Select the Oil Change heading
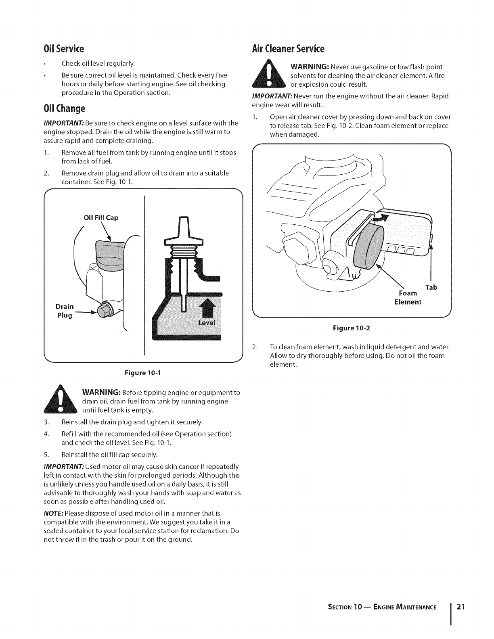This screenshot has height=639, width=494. pos(64,109)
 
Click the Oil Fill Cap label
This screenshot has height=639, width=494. pos(100,218)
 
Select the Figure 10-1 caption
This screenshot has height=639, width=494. pos(143,372)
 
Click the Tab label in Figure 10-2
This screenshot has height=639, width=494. pos(431,287)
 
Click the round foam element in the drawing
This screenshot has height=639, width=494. pos(369,247)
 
